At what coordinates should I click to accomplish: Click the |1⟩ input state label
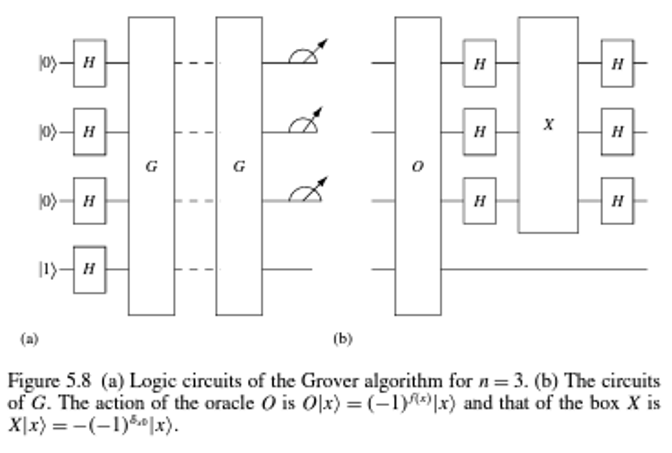(48, 270)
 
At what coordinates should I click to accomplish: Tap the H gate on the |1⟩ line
(89, 270)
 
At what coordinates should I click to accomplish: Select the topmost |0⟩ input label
(48, 63)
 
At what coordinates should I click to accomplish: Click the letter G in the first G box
(151, 167)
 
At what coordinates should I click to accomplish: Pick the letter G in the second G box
(239, 167)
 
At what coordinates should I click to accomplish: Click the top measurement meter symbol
(305, 54)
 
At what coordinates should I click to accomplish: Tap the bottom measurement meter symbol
(305, 192)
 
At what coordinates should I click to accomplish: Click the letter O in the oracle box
(418, 167)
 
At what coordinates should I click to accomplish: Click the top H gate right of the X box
(617, 63)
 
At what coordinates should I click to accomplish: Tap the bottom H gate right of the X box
(617, 201)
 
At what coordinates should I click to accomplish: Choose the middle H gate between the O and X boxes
(480, 132)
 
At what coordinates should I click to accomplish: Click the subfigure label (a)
(30, 339)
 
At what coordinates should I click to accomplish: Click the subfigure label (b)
(343, 339)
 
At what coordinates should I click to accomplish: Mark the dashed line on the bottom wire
(195, 270)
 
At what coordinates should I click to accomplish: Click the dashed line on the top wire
(195, 63)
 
